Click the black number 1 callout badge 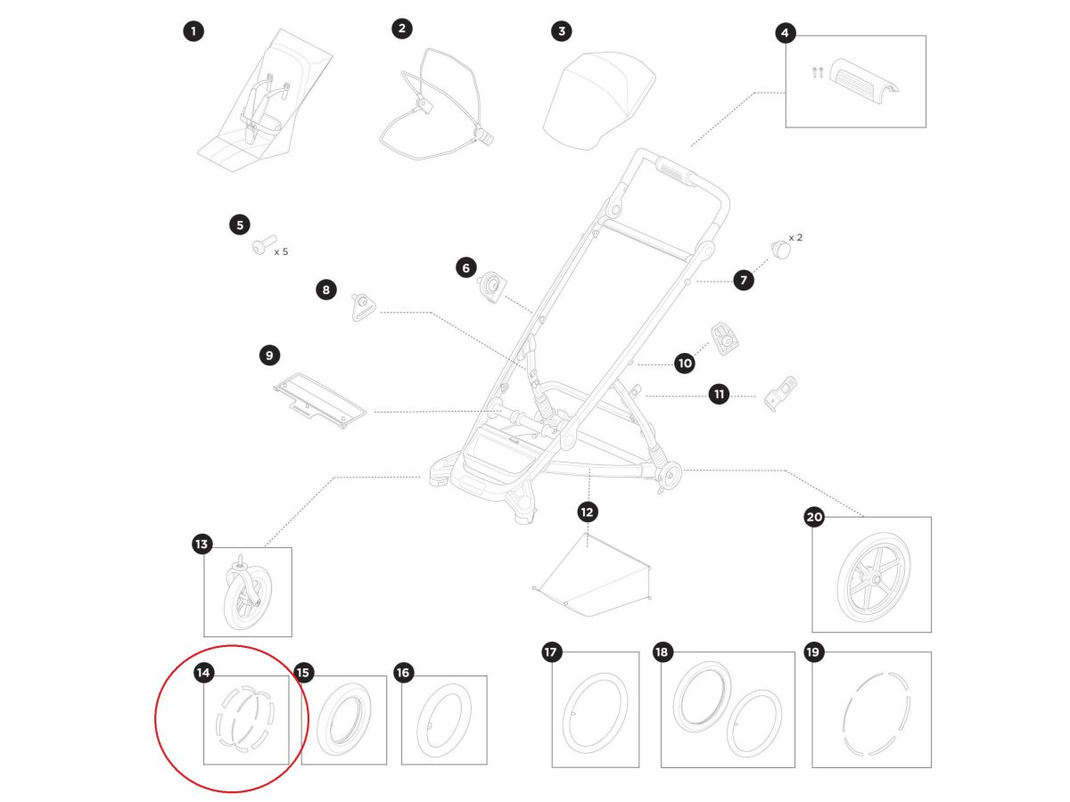pyautogui.click(x=193, y=32)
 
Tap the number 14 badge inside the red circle pyautogui.click(x=202, y=673)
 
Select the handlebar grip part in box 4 pyautogui.click(x=863, y=81)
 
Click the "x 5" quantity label pyautogui.click(x=281, y=252)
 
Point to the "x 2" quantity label pyautogui.click(x=795, y=238)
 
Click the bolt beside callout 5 pyautogui.click(x=264, y=244)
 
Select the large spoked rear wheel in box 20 pyautogui.click(x=874, y=577)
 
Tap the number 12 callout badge pyautogui.click(x=587, y=511)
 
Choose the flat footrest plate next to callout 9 pyautogui.click(x=320, y=401)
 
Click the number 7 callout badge pyautogui.click(x=743, y=280)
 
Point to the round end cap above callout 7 pyautogui.click(x=781, y=250)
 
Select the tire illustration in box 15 pyautogui.click(x=344, y=720)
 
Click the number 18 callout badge pyautogui.click(x=662, y=652)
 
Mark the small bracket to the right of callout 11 pyautogui.click(x=780, y=394)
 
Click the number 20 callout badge pyautogui.click(x=814, y=517)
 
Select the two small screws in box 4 pyautogui.click(x=817, y=72)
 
